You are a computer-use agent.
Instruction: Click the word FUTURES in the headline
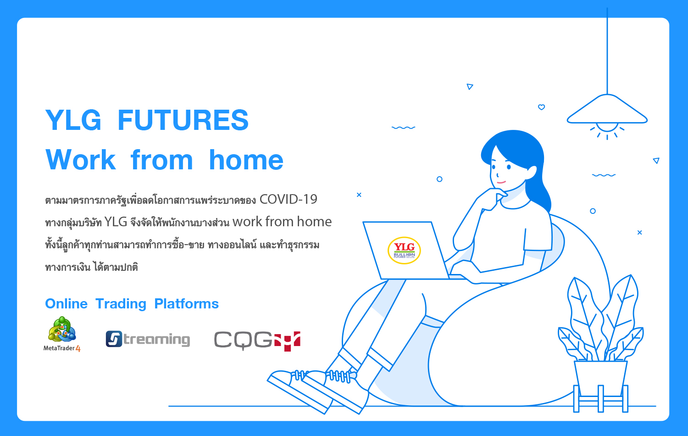[183, 120]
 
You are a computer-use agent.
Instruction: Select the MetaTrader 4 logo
[62, 334]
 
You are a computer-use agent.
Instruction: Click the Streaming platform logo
[148, 339]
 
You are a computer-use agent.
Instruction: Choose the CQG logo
[257, 341]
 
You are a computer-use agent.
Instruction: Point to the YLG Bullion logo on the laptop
[404, 251]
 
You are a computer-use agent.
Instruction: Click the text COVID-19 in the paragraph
[289, 199]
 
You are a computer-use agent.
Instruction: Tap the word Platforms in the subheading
[186, 304]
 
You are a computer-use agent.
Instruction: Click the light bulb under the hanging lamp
[607, 127]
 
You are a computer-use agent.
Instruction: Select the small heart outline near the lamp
[542, 107]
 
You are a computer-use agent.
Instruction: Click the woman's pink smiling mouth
[501, 182]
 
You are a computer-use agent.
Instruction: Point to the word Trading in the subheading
[121, 304]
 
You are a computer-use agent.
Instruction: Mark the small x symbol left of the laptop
[359, 195]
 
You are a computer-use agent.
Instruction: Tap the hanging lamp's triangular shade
[607, 109]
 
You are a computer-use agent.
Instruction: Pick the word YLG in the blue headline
[73, 120]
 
